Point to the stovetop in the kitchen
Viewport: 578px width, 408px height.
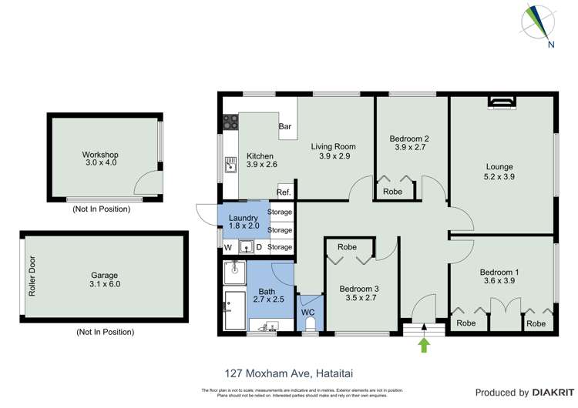pos(230,121)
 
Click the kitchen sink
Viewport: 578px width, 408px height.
pos(230,165)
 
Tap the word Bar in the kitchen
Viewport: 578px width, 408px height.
pos(284,126)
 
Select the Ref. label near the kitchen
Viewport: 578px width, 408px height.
pos(284,192)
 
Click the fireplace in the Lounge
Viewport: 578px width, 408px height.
pos(502,101)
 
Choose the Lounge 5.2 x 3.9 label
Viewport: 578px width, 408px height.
pos(499,172)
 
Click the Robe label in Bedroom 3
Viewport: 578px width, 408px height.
pos(347,247)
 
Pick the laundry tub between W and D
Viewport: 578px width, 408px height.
pos(247,247)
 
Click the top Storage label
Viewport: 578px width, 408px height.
pos(280,212)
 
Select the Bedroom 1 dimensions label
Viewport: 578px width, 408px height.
pos(499,281)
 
